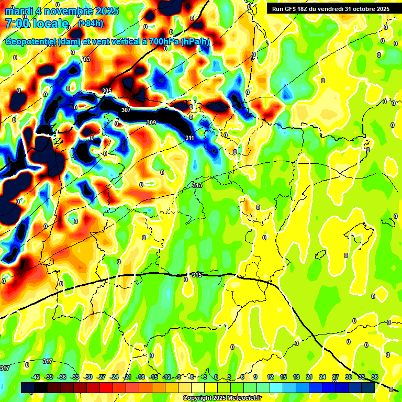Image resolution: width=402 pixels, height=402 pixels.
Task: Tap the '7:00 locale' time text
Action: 37,24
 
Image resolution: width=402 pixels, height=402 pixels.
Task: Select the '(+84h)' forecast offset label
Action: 91,24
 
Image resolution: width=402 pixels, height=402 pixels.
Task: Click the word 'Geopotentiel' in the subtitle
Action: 31,42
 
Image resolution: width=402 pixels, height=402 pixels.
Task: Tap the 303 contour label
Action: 86,60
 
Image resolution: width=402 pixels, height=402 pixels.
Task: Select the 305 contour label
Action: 107,91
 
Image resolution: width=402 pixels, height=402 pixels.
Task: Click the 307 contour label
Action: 126,110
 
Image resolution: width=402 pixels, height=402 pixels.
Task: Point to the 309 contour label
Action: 151,123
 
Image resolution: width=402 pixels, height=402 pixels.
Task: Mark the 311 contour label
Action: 190,138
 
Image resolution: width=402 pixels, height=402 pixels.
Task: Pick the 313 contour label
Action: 197,186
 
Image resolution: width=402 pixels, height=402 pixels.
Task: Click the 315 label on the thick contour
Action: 197,275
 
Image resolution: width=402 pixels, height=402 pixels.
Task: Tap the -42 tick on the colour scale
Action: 36,377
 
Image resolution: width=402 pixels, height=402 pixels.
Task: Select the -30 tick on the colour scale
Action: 88,377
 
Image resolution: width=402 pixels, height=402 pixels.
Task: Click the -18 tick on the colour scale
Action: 140,377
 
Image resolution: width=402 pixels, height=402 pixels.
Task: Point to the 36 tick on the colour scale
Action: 374,377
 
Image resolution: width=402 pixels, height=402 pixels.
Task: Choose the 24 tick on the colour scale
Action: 322,377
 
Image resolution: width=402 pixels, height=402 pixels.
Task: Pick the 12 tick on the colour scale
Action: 270,377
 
